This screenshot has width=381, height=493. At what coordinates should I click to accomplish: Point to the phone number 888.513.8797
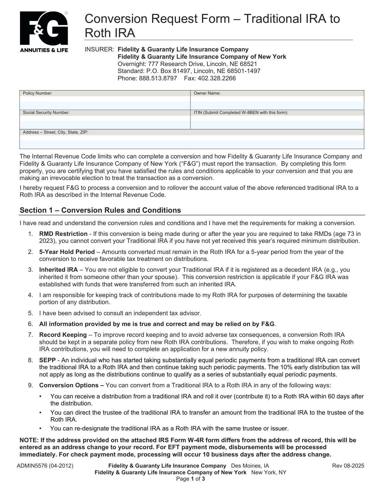(158, 78)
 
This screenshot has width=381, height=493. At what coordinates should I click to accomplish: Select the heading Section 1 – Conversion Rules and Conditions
(100, 210)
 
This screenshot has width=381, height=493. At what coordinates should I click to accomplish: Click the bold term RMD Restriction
(63, 234)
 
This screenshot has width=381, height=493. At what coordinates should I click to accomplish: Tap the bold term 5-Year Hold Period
(67, 252)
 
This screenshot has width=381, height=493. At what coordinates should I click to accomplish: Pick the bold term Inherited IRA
(58, 270)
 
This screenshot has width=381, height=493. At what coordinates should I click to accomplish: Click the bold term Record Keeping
(63, 335)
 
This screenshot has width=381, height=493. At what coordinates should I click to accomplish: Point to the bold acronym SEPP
(47, 360)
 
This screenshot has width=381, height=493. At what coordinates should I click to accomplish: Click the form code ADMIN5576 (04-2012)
(45, 466)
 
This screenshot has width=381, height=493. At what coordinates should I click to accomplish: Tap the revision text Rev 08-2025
(348, 466)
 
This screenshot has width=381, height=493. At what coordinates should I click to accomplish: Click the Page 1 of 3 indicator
(190, 479)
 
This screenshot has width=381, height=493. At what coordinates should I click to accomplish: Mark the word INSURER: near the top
(99, 50)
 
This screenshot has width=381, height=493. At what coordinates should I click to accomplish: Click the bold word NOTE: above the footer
(29, 440)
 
